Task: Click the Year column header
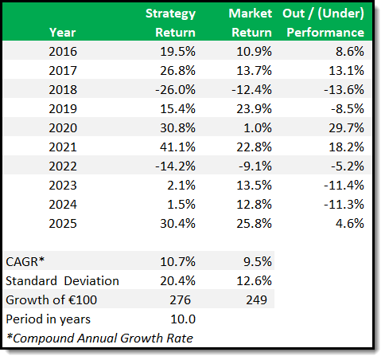coord(63,33)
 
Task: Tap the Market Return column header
coord(250,23)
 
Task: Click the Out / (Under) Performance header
coord(324,23)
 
